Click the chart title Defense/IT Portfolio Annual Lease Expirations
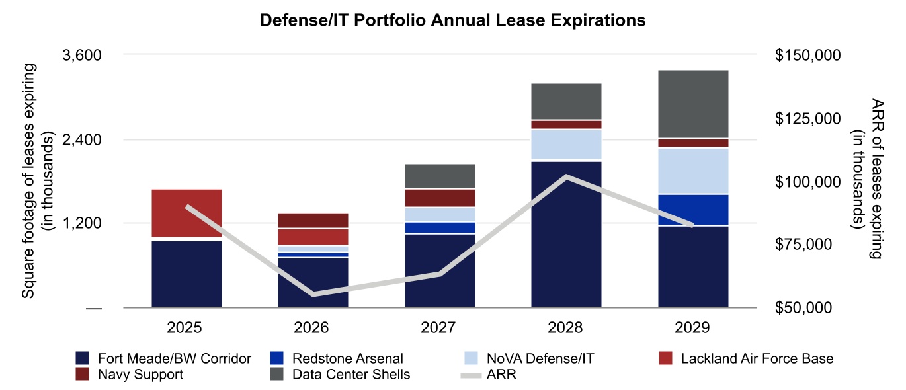[452, 20]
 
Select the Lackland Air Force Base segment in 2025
[186, 213]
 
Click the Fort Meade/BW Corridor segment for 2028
[566, 234]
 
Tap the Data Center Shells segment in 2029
[693, 104]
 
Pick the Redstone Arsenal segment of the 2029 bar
[693, 210]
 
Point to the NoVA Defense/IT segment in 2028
[566, 144]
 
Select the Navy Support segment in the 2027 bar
[440, 198]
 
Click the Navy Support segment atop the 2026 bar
[313, 220]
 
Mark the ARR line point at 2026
[313, 293]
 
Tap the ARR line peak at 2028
[566, 176]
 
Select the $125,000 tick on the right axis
[807, 118]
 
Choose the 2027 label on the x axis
[440, 327]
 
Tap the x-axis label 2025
[186, 327]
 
